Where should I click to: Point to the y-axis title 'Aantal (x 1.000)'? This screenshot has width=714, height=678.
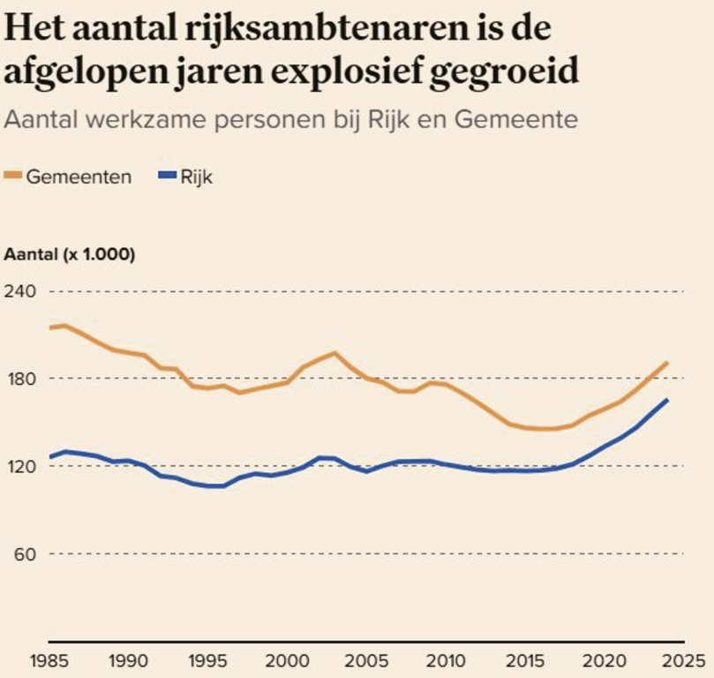pos(70,255)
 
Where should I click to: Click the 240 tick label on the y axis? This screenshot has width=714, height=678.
pos(20,291)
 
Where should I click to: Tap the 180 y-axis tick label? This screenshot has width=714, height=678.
pos(20,379)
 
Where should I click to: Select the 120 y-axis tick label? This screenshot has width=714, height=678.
pos(20,466)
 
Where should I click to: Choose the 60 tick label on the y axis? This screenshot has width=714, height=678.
pos(22,554)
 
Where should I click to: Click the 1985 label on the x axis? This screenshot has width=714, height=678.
pos(49,659)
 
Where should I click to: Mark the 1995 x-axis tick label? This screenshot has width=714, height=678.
pos(207,659)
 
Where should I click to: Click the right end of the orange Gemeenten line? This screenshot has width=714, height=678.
pos(667,363)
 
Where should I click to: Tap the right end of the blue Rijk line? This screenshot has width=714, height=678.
pos(667,400)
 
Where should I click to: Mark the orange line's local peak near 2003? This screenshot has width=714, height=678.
pos(334,353)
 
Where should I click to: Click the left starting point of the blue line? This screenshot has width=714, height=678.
pos(49,457)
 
